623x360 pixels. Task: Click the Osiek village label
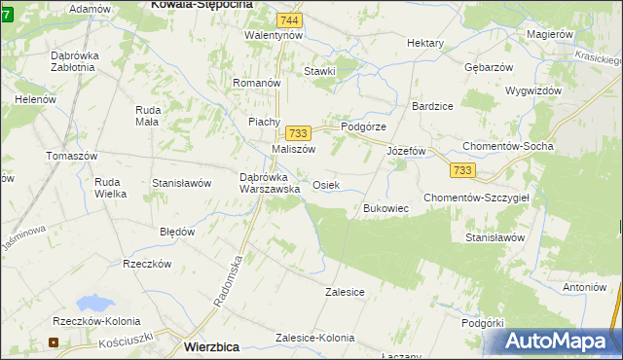pos(326,185)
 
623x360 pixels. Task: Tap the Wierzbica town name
pos(211,346)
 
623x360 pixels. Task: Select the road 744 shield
pos(288,20)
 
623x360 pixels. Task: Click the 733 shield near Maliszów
pos(297,132)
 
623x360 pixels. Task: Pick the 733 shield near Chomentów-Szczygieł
pos(462,170)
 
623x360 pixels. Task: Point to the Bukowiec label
pos(385,209)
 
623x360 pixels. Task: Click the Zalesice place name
pos(345,291)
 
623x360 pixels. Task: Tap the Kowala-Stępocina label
pos(202,5)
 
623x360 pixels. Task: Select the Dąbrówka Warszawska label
pos(270,183)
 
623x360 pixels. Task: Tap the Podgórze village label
pos(364,127)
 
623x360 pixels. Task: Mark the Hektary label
pos(425,44)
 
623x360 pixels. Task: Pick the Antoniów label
pos(584,287)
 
